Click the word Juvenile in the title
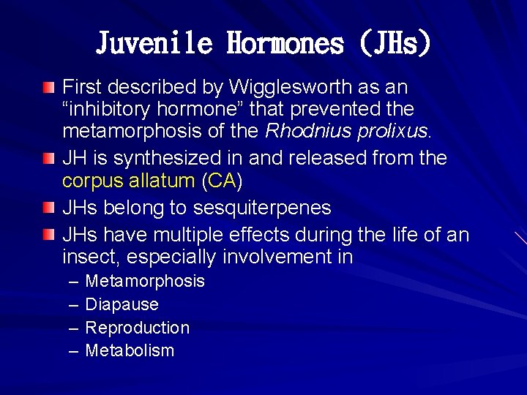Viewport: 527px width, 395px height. pos(154,43)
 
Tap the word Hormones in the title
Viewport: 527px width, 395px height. pos(285,43)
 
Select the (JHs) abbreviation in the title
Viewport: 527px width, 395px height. pos(395,43)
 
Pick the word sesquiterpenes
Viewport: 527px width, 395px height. pos(262,208)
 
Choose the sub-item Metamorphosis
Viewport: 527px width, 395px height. pos(145,281)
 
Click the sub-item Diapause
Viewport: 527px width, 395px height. pos(122,304)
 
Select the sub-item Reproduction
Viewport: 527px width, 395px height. pos(138,328)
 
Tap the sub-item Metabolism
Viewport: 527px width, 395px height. pos(130,350)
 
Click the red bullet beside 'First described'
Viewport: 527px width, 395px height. pos(48,88)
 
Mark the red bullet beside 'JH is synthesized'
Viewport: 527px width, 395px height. pos(48,159)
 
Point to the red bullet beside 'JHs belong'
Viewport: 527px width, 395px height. pos(48,208)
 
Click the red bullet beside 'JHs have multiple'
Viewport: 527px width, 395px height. pos(48,235)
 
